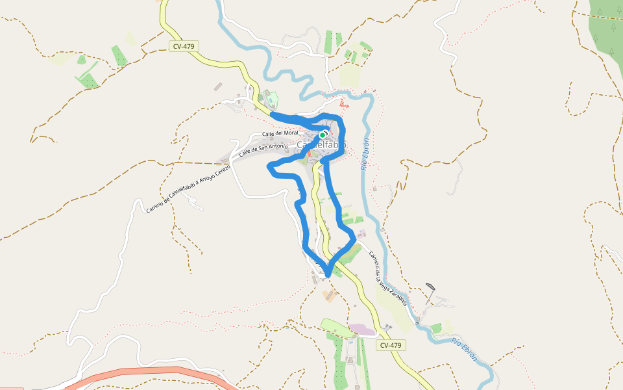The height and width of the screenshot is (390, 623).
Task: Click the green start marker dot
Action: [x=323, y=135]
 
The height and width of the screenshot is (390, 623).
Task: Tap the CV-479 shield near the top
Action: [x=184, y=46]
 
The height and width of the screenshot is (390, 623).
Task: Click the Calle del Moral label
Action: [x=279, y=133]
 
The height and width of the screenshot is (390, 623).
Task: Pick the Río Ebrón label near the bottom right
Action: [x=465, y=350]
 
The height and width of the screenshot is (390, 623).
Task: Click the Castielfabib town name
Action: [x=322, y=144]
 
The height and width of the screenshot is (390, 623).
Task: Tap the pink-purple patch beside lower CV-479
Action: [x=361, y=330]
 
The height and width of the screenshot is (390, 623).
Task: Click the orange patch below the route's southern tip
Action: [x=328, y=296]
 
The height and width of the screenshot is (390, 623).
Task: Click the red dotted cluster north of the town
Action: [x=343, y=103]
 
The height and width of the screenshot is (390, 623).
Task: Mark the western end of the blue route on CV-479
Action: [x=271, y=115]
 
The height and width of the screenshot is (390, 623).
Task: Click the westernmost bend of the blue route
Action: [x=270, y=168]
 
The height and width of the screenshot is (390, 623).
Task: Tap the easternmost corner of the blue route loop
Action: [x=355, y=240]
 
